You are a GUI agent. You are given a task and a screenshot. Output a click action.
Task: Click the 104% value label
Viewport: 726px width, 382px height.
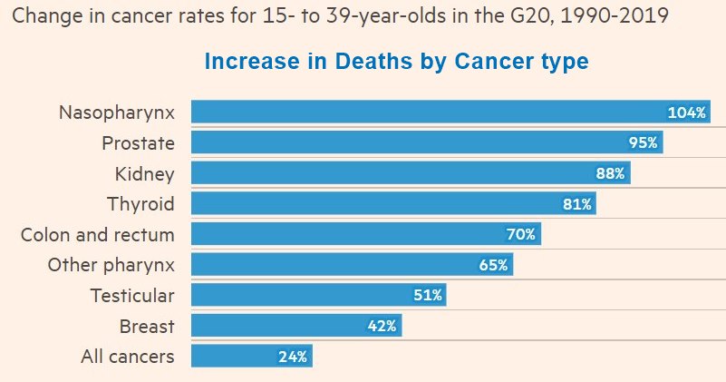point(686,113)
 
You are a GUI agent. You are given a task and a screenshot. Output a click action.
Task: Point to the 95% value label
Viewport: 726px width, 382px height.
point(644,142)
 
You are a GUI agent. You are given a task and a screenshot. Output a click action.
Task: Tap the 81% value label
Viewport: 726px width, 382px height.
point(577,204)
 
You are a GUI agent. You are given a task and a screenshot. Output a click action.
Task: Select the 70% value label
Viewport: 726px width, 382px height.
point(521,234)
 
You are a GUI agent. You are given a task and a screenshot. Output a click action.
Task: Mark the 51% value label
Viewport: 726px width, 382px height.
point(427,295)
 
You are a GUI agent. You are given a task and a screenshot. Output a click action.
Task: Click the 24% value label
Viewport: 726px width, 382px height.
point(293,356)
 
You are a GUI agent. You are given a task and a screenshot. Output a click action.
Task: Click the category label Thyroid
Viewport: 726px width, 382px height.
point(140,203)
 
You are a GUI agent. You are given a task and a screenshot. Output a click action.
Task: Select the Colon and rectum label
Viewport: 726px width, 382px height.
point(98,234)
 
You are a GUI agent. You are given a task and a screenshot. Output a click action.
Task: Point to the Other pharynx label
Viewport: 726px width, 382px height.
point(111,265)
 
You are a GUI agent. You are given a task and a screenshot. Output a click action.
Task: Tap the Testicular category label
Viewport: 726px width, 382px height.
point(132,295)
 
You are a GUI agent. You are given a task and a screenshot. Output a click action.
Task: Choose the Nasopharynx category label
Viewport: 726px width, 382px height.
point(117,113)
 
